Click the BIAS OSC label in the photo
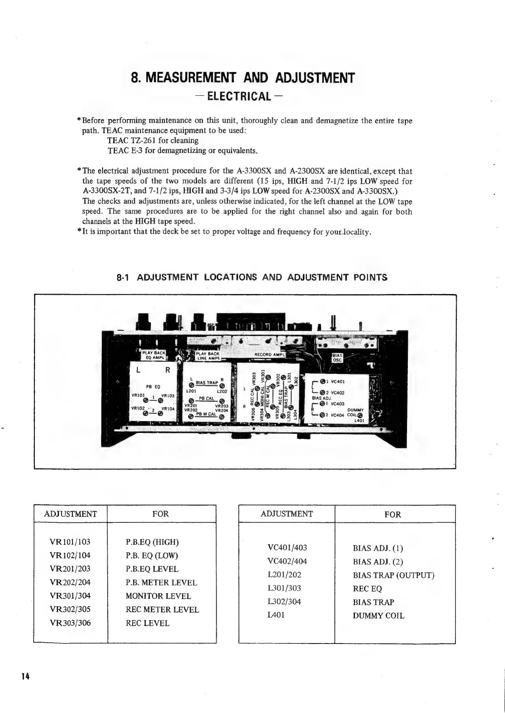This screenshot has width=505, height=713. (337, 358)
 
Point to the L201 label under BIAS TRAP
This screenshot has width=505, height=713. (191, 391)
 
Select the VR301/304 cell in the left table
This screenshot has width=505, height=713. (70, 596)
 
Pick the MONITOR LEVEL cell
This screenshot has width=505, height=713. (158, 596)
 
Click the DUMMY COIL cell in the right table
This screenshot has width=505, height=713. (378, 616)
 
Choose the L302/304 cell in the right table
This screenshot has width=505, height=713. (284, 602)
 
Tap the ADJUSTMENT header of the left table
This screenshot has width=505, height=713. (70, 514)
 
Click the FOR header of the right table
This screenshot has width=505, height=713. (392, 515)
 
